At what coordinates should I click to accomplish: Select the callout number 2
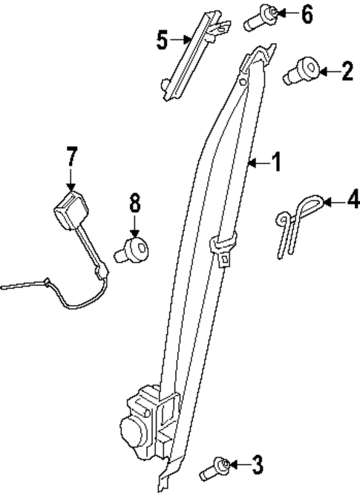click(347, 72)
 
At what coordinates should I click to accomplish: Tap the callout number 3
click(257, 466)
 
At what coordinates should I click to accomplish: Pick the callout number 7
click(71, 157)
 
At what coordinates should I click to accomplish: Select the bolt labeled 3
click(214, 468)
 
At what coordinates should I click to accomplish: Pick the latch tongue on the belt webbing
click(223, 249)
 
